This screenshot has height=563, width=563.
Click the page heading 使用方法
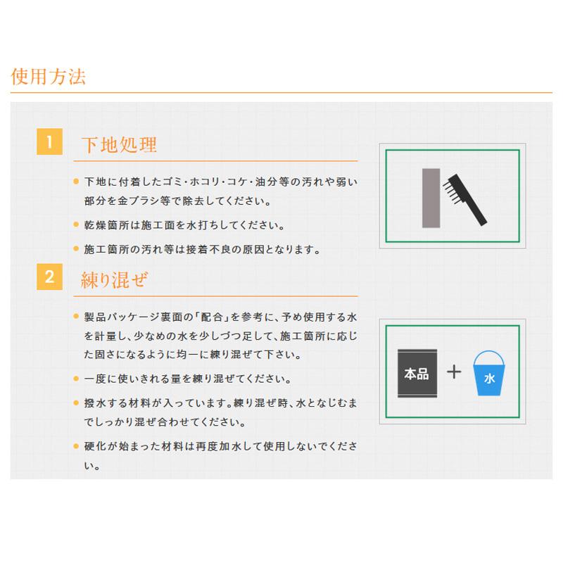point(48,76)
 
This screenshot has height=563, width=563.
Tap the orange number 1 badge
point(49,142)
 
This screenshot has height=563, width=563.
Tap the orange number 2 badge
point(49,277)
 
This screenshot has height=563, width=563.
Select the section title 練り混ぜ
point(114,279)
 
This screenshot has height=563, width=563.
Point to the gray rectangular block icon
point(430,198)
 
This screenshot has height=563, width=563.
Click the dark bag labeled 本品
point(416,374)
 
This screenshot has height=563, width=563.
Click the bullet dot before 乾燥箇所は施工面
point(76,226)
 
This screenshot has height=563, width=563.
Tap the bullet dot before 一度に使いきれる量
point(76,379)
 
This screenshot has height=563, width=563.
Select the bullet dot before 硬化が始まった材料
point(76,446)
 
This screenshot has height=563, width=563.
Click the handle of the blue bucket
point(491,360)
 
